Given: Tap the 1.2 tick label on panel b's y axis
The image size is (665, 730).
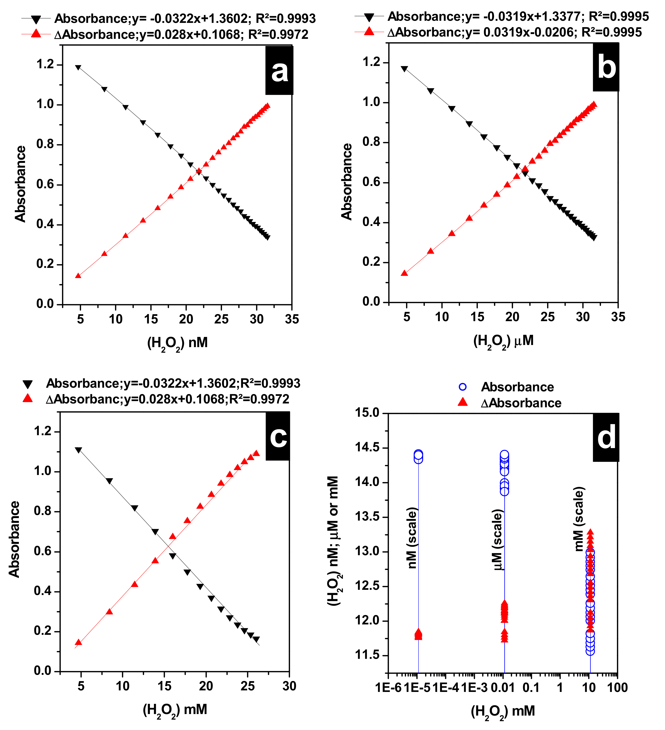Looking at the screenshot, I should [x=371, y=62].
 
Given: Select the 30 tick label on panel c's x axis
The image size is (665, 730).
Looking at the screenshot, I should [x=289, y=685].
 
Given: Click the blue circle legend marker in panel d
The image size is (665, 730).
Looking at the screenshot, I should [x=462, y=387].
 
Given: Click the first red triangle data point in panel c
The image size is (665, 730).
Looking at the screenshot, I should [x=78, y=642].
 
